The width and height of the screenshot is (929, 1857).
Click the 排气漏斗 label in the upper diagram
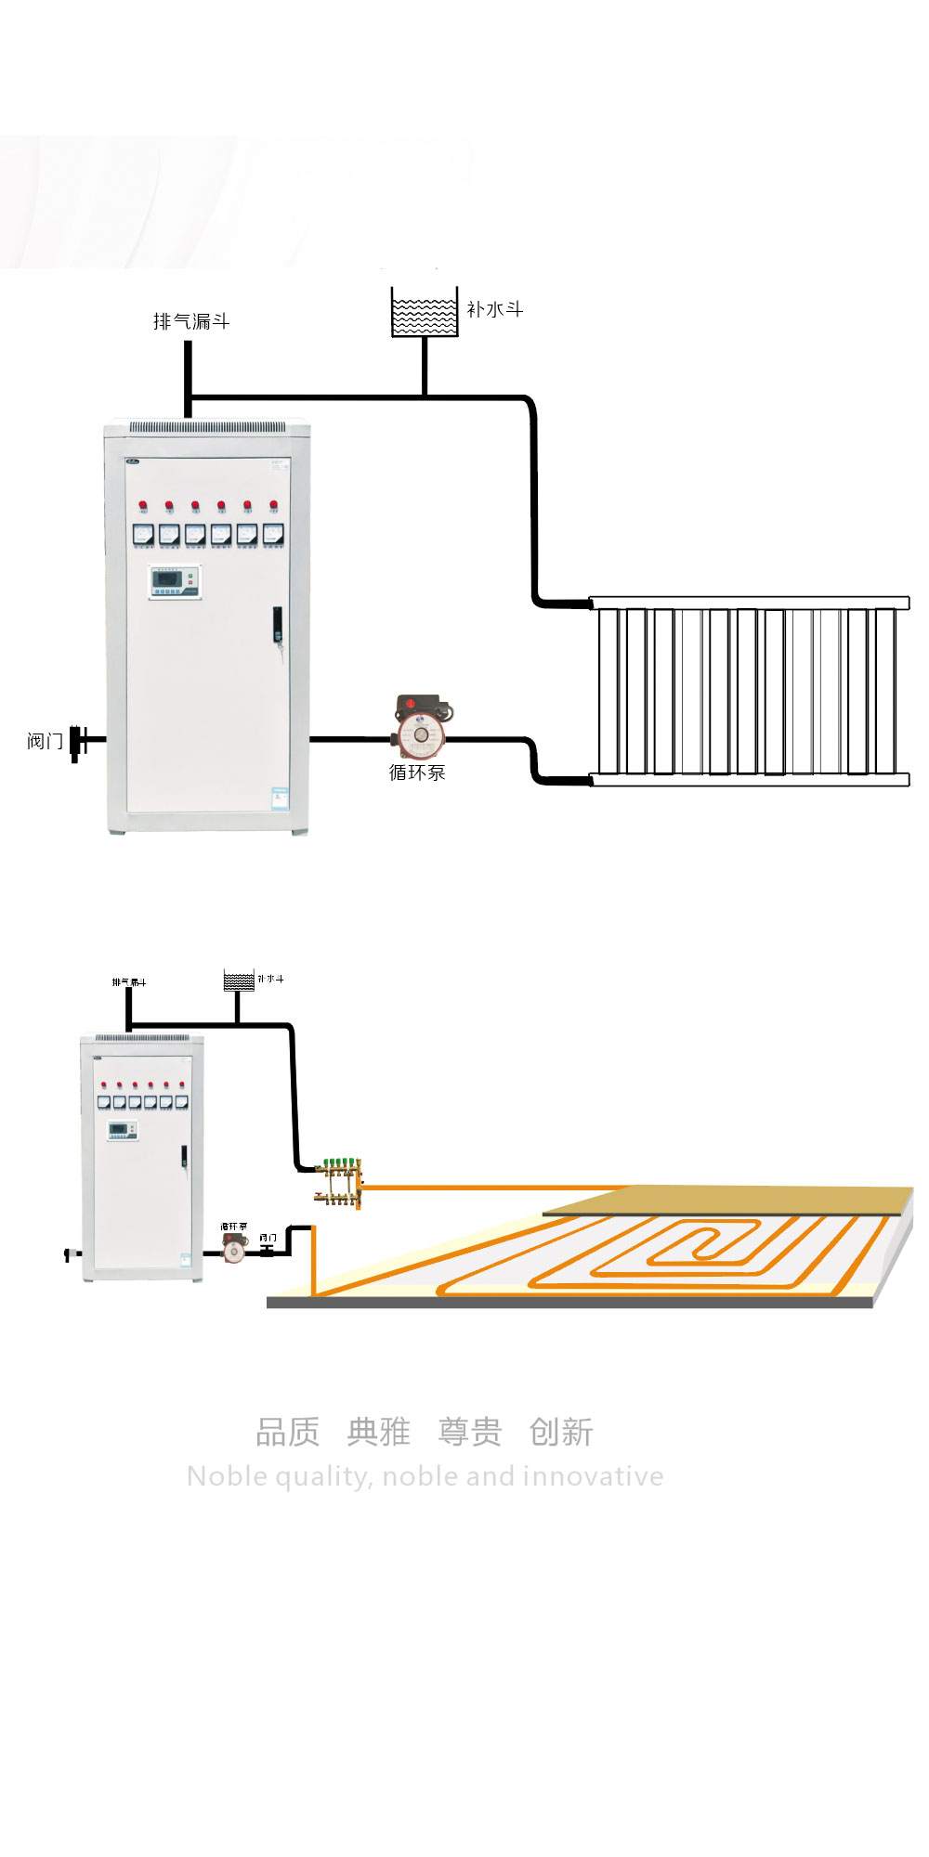[190, 321]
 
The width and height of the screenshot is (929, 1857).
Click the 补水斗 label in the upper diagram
[494, 309]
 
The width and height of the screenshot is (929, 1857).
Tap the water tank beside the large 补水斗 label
[425, 313]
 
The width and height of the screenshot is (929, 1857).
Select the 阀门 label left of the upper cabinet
[45, 741]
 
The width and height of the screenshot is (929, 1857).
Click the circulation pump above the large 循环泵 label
[422, 724]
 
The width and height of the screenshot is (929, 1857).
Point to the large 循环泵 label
[417, 773]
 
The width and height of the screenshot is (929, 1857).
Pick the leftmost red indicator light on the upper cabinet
[143, 506]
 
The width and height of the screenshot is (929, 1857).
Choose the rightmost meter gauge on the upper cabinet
[272, 534]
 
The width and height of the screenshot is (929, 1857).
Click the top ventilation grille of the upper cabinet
[206, 428]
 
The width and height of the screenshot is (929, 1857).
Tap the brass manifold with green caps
[340, 1180]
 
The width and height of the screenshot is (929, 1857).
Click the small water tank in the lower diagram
[239, 980]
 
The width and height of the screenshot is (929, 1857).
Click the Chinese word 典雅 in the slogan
[378, 1432]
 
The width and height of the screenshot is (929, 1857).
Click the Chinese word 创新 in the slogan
[560, 1432]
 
